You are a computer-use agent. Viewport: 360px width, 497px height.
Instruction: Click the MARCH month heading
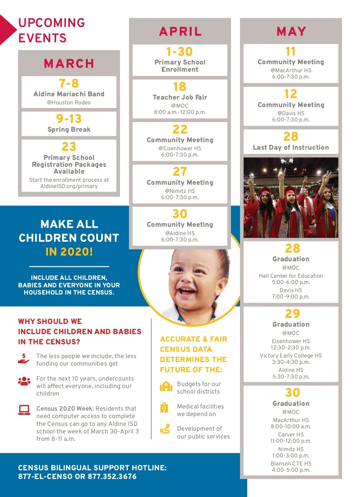69,64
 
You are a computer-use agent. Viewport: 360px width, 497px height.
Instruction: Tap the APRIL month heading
180,31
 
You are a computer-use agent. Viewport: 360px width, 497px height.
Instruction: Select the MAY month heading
291,31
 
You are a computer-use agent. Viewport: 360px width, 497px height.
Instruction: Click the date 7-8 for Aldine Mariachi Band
69,83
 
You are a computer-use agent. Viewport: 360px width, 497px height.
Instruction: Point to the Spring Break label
69,130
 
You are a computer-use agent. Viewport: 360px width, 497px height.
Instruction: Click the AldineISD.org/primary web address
69,186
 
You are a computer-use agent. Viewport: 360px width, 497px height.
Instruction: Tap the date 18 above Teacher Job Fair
180,87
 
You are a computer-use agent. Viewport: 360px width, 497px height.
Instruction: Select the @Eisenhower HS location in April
180,148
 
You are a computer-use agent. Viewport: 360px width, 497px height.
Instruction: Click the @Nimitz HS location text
180,191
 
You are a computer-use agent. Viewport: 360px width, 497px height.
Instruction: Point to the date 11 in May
290,51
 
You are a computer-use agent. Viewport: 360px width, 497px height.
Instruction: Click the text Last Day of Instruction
291,148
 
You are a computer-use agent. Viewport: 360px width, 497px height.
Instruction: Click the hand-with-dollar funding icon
24,359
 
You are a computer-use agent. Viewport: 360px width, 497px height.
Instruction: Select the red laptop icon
24,410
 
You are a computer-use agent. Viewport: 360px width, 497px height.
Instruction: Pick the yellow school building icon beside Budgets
166,387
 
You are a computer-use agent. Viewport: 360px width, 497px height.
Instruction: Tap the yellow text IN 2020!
69,252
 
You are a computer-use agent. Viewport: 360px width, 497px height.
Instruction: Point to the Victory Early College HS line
291,356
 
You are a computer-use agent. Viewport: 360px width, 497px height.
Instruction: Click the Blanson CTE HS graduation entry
291,464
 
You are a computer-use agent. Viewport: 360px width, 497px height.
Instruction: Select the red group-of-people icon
24,381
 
